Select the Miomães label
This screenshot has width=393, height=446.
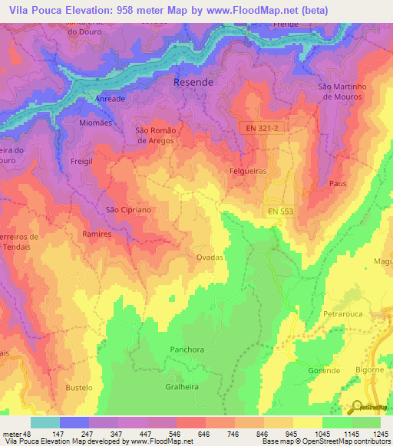97,122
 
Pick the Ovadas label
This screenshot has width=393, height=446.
210,257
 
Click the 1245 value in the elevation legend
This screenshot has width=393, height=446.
380,434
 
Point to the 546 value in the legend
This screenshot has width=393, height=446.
176,434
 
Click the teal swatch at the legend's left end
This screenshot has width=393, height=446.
45,422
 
